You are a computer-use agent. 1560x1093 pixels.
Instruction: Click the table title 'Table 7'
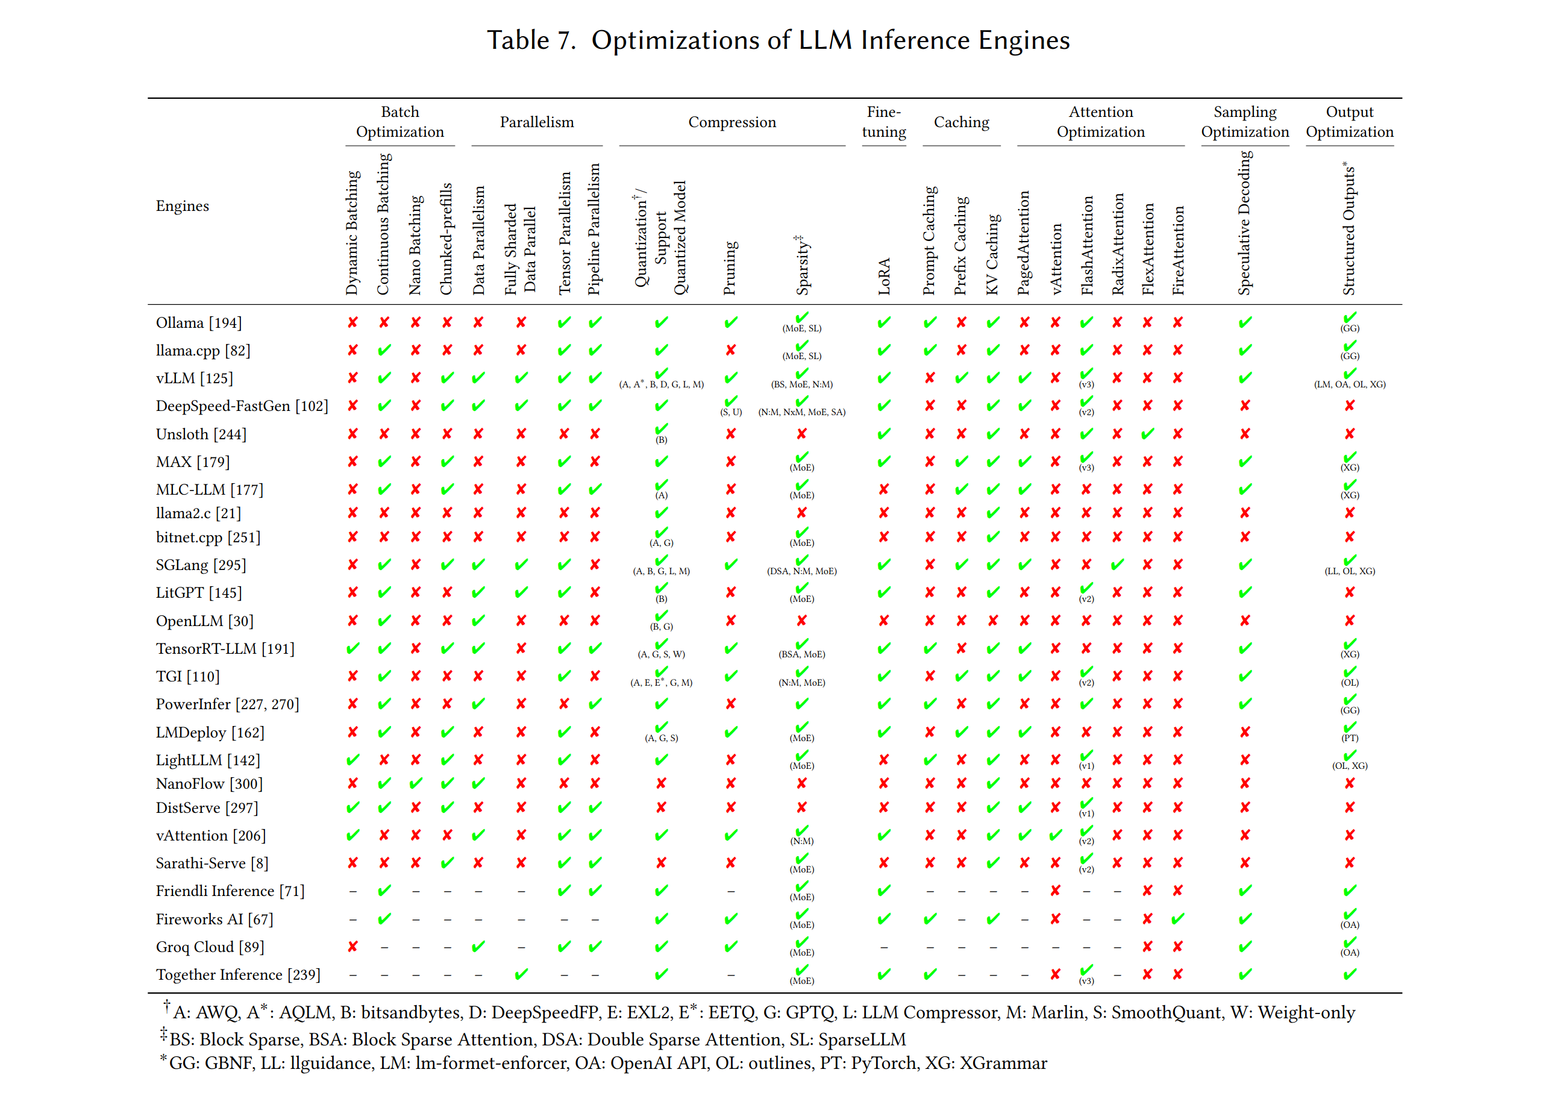531,40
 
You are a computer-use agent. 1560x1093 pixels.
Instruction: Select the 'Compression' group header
731,122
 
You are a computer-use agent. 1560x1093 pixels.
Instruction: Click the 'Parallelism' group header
537,122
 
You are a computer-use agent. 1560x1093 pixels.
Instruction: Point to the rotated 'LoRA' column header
884,276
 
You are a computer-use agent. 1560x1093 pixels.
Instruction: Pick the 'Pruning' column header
730,268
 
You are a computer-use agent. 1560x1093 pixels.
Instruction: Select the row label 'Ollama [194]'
198,323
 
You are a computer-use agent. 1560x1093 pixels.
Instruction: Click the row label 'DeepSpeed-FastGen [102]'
241,406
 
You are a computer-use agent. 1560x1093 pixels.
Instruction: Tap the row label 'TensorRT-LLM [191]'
225,649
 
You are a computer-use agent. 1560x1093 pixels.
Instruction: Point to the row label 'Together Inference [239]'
238,975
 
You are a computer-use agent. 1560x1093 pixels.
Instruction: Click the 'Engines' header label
182,206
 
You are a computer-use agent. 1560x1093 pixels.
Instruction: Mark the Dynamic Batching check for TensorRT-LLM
352,649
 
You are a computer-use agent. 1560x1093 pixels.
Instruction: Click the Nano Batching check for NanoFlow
415,783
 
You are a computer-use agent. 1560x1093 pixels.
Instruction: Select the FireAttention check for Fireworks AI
1177,918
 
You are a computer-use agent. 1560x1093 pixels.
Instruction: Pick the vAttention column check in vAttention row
1055,835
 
